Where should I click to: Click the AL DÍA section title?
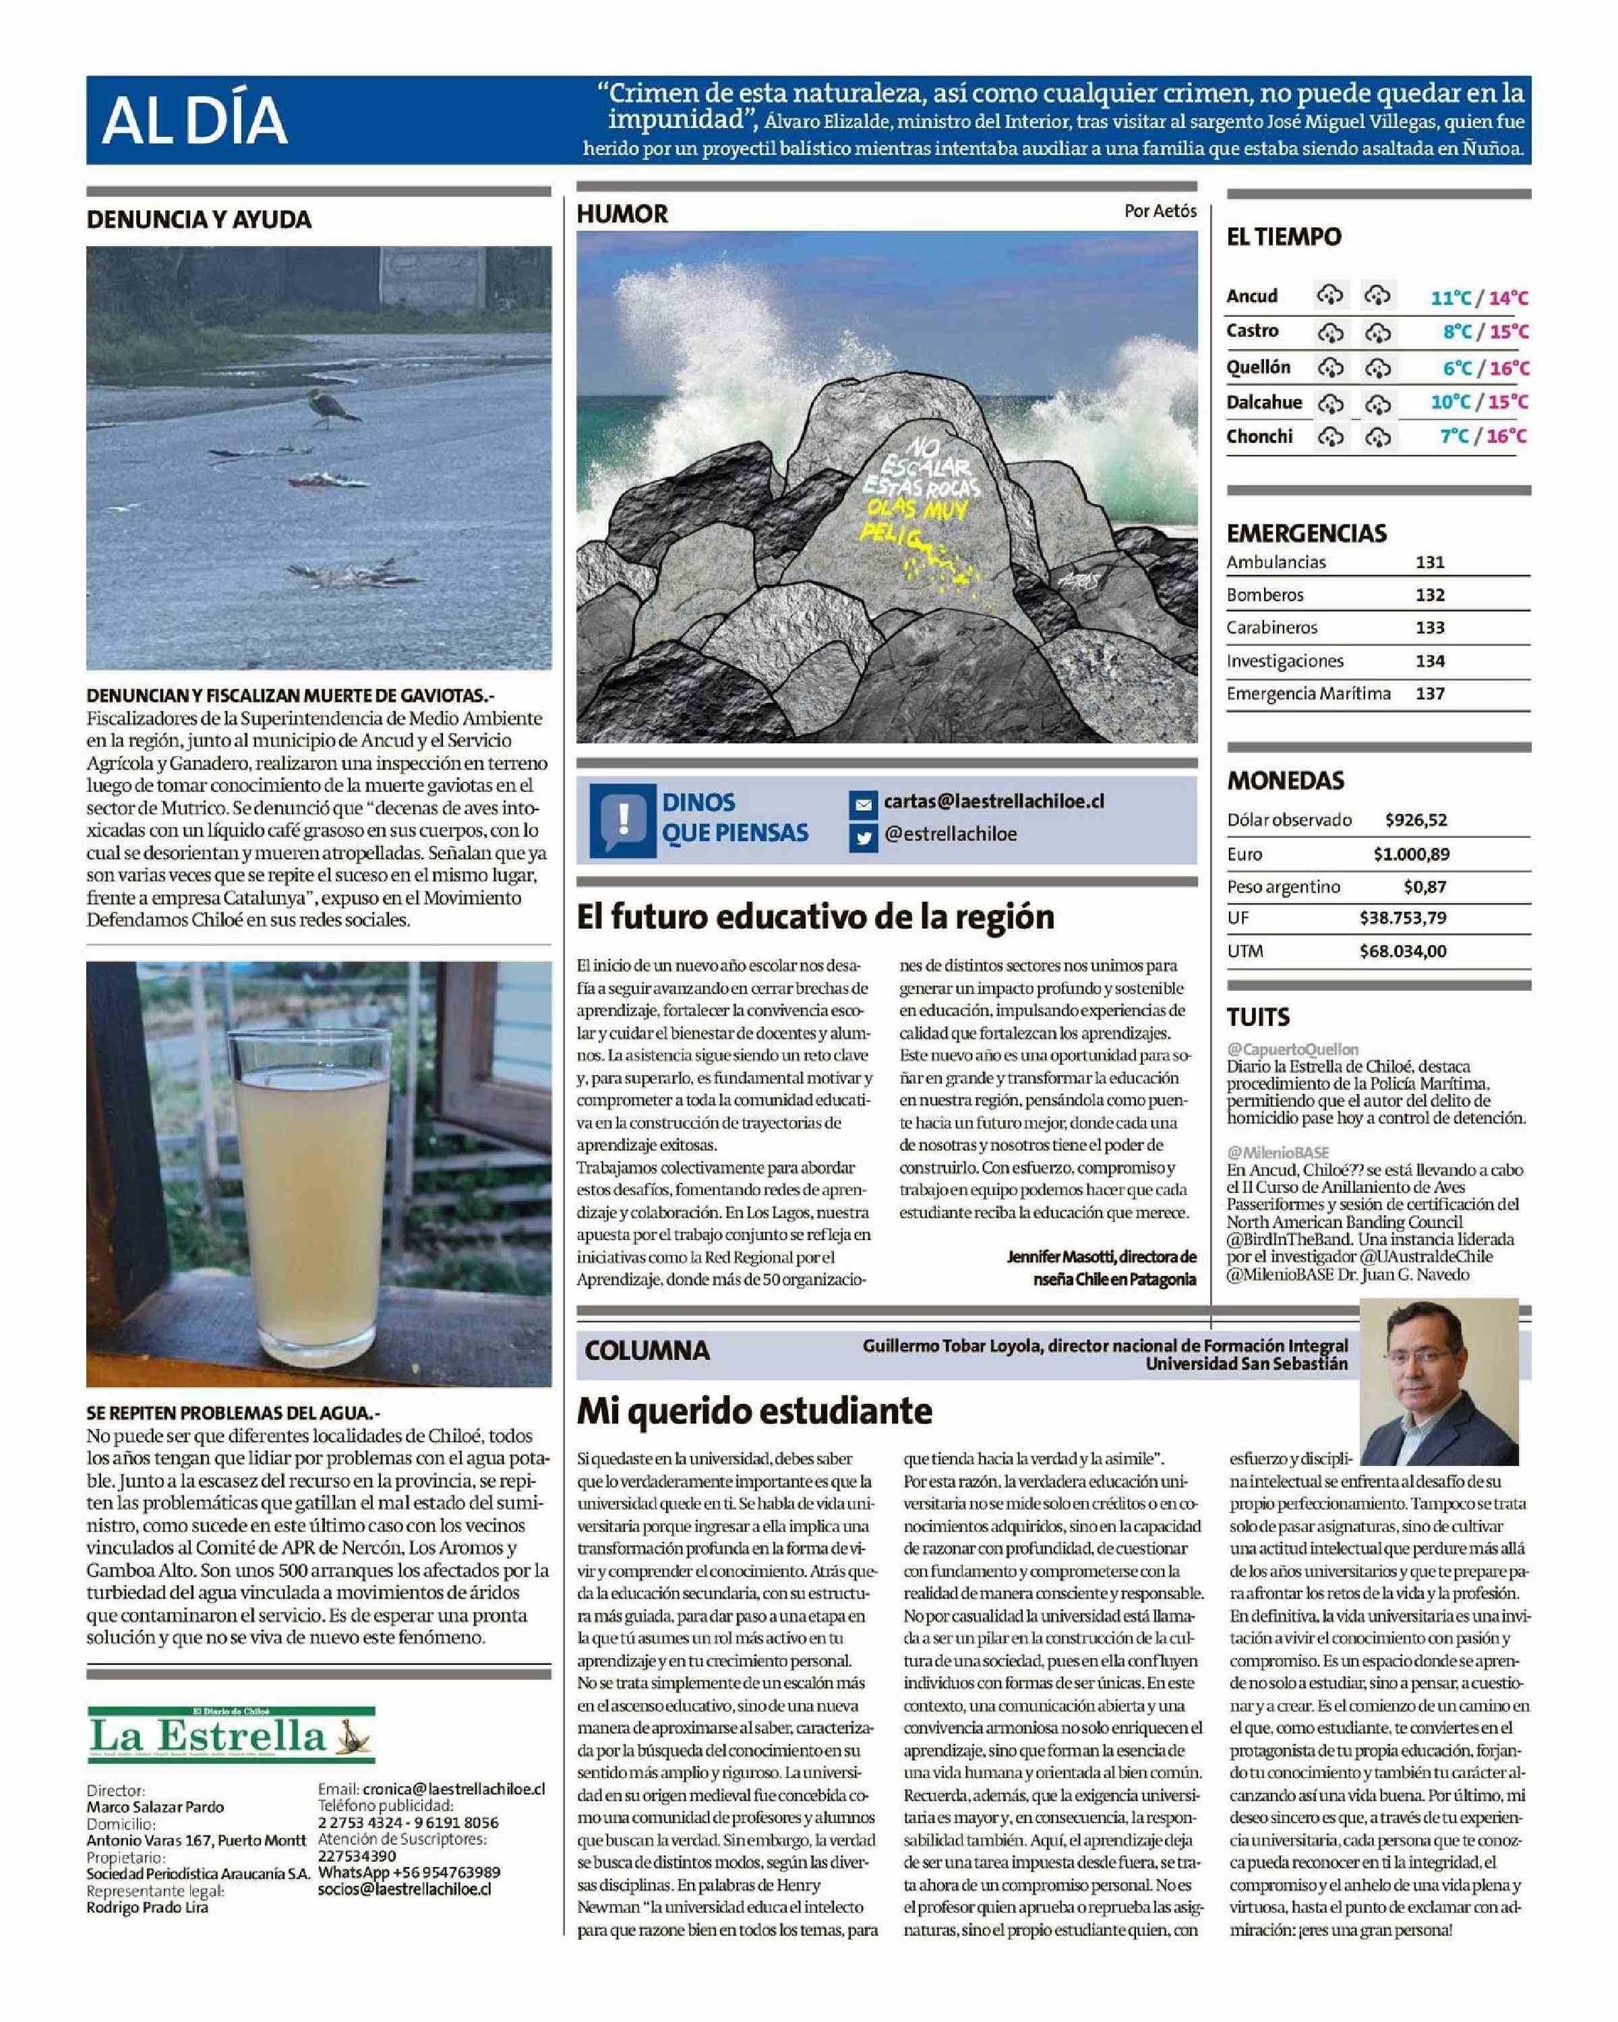[194, 120]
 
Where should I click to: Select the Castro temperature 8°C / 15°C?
[1485, 332]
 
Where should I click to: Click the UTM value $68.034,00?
[1402, 951]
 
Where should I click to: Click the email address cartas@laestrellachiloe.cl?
[993, 802]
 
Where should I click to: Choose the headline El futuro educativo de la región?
[815, 916]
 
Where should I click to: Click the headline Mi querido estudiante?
[754, 1409]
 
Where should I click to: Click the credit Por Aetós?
[1160, 211]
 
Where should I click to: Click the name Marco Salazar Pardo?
[155, 1806]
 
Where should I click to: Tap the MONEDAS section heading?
[1285, 780]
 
